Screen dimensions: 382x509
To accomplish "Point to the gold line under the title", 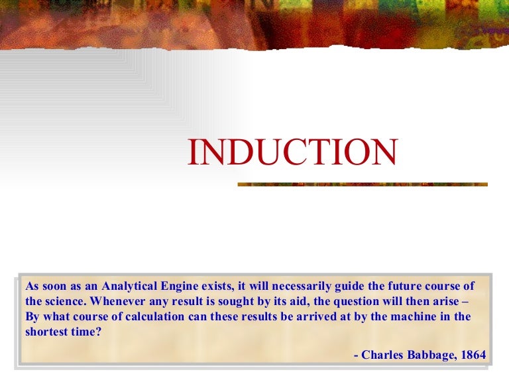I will [363, 184].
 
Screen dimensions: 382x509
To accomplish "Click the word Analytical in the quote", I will [127, 286].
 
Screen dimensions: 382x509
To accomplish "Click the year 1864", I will [473, 355].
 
